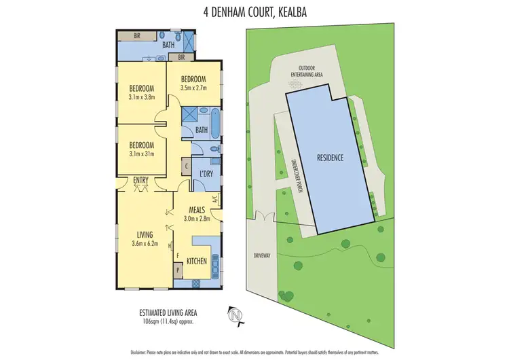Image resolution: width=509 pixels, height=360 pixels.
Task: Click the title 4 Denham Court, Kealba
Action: click(254, 12)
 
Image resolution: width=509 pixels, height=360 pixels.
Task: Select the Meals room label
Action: click(197, 209)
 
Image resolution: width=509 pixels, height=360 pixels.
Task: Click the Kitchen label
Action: click(196, 261)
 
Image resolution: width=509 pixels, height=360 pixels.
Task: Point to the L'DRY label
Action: click(206, 173)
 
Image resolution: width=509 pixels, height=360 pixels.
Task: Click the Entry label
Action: click(141, 180)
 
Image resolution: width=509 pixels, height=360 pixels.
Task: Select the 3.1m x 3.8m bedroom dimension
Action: click(142, 97)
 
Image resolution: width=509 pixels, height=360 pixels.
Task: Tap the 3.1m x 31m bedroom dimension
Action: click(142, 154)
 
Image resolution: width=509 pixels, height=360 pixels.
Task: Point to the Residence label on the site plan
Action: click(331, 158)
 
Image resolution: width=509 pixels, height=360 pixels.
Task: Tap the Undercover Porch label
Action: click(296, 178)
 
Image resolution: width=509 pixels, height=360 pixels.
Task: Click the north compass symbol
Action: click(235, 314)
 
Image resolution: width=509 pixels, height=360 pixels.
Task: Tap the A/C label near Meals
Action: click(214, 200)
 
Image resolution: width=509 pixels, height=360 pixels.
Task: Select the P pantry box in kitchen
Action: click(179, 269)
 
